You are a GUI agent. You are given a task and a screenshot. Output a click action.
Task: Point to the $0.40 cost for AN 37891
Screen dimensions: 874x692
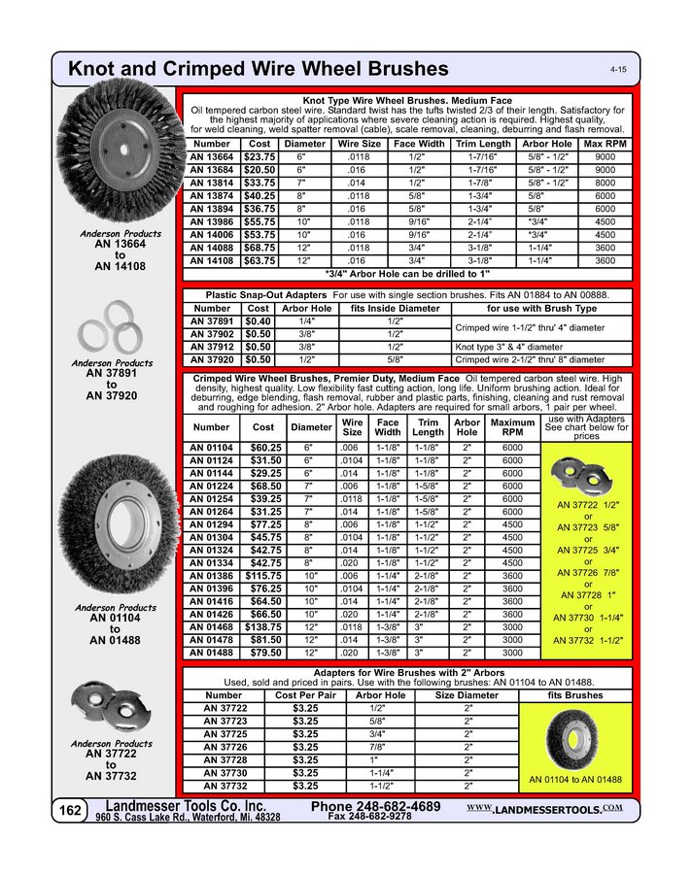[x=259, y=320]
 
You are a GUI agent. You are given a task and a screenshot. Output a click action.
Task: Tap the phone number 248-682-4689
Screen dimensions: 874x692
[x=376, y=807]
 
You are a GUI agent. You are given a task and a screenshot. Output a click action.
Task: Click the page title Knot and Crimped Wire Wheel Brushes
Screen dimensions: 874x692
[x=259, y=69]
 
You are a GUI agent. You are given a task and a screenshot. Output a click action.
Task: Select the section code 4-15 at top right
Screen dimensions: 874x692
[x=617, y=71]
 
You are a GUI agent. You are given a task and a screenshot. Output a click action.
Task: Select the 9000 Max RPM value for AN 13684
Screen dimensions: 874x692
[x=605, y=169]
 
